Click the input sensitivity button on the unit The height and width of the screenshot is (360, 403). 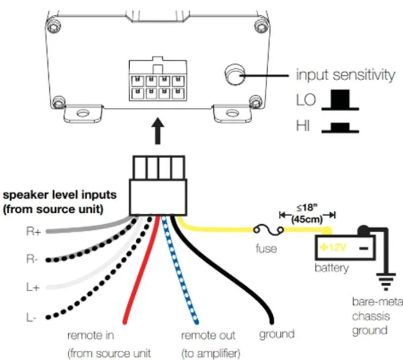[x=234, y=75]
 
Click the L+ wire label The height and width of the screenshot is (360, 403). [x=33, y=288]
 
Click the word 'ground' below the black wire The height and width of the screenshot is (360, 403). [x=276, y=334]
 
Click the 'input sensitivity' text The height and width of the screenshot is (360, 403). [x=345, y=75]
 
